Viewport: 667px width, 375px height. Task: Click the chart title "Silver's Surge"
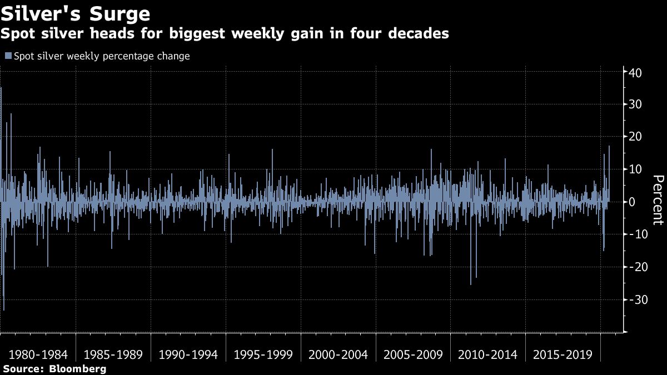click(x=76, y=13)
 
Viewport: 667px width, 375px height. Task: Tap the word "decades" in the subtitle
click(x=414, y=34)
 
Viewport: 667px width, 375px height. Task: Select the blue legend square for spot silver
click(x=8, y=56)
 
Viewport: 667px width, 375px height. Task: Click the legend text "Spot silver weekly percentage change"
click(x=102, y=56)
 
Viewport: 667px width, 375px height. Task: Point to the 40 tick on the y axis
click(x=636, y=72)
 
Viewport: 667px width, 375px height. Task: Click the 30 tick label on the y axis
click(x=636, y=104)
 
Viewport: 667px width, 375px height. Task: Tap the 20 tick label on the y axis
click(x=636, y=137)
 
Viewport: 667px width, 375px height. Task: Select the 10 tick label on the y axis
click(x=636, y=169)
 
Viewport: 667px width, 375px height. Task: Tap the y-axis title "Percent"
click(x=658, y=200)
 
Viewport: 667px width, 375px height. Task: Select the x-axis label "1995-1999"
click(x=263, y=354)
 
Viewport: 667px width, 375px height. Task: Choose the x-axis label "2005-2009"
click(x=414, y=354)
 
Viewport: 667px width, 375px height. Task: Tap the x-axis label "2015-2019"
click(x=564, y=354)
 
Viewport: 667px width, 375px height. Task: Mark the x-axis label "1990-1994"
click(x=188, y=354)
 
